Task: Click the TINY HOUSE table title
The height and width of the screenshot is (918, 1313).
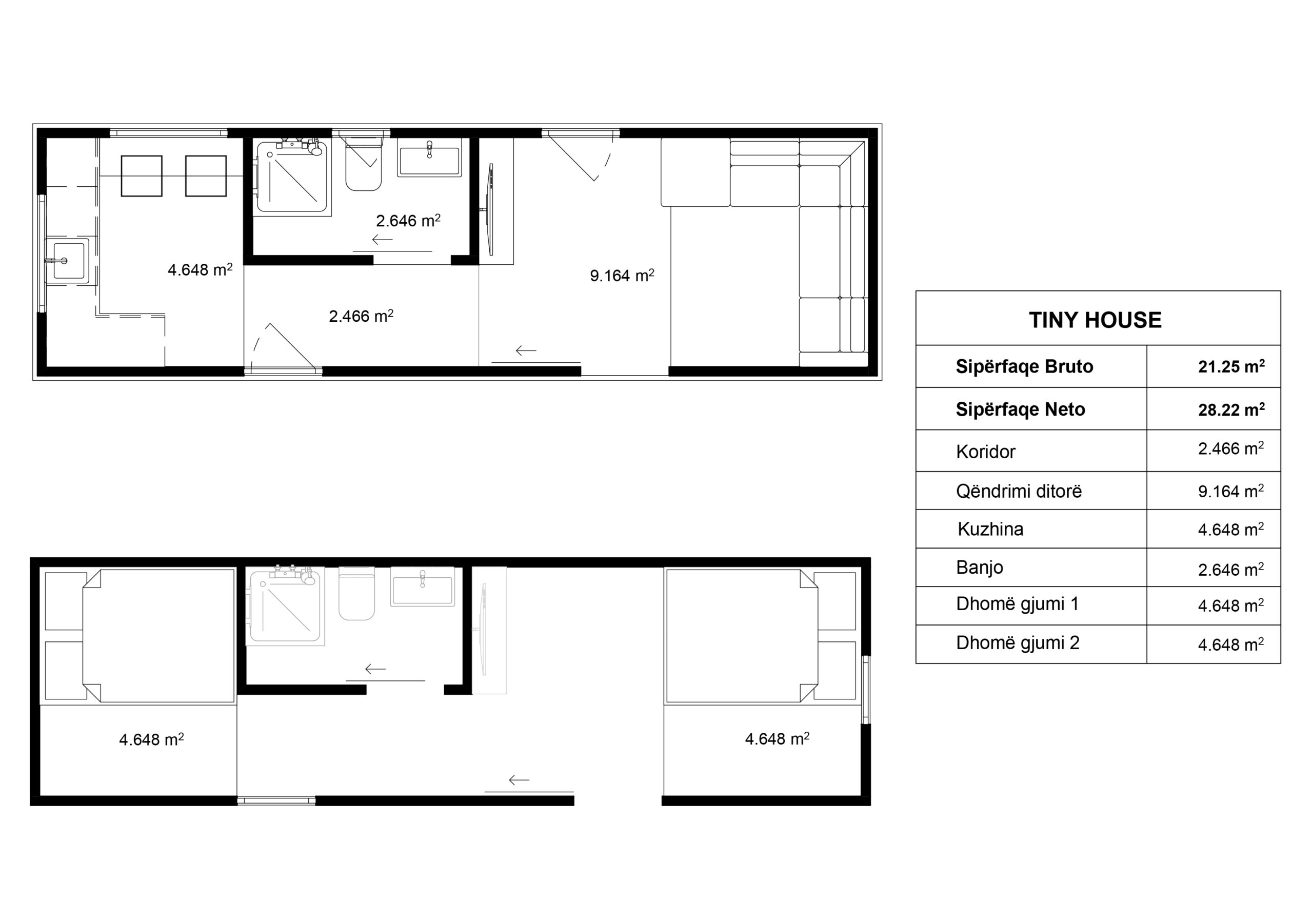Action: coord(1095,320)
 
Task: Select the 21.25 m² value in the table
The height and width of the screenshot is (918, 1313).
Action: coord(1231,366)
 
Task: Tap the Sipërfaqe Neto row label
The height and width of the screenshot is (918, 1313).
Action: coord(1020,409)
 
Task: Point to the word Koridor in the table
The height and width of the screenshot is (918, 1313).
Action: coord(985,452)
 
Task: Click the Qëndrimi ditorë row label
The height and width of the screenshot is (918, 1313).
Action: coord(1019,491)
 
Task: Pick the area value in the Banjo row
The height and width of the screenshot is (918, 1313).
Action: coord(1230,569)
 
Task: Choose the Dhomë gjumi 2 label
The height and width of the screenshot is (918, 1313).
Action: coord(1018,643)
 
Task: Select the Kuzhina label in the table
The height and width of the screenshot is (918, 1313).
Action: coord(990,529)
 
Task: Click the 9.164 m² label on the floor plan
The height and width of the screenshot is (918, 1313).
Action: coord(622,275)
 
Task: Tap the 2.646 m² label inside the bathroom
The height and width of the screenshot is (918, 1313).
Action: coord(408,220)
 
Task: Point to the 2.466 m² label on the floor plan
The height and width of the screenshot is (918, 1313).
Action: coord(361,316)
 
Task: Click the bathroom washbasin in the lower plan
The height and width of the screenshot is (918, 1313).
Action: coord(422,587)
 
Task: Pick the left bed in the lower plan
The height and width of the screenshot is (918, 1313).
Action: coord(158,635)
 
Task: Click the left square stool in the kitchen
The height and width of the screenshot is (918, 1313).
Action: coord(141,176)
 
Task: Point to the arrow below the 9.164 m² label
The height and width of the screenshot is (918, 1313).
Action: coord(526,350)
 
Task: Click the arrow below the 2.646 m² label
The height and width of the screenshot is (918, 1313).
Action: coord(382,240)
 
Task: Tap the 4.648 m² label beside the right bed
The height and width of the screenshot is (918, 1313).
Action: coord(777,738)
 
